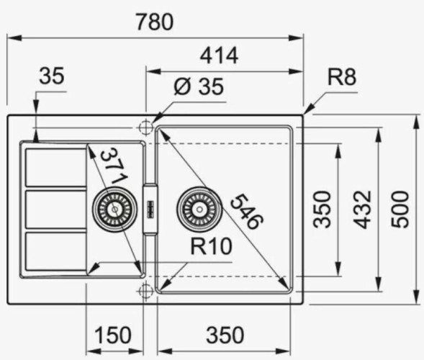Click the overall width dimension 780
click(155, 22)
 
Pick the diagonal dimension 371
click(113, 166)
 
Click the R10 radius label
click(211, 247)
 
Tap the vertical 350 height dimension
click(323, 209)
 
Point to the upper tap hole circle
click(145, 127)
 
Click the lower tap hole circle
click(145, 290)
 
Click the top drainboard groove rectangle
click(55, 167)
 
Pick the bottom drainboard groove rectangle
click(55, 250)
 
